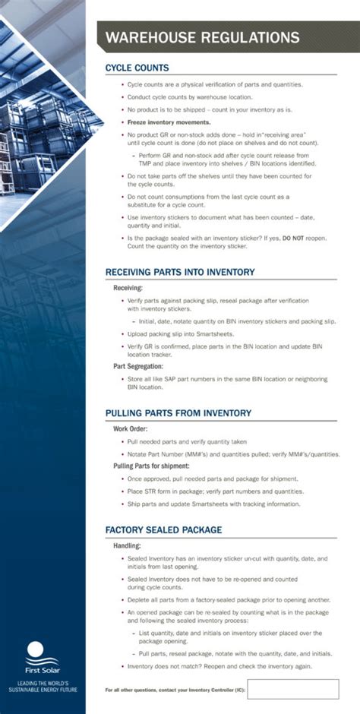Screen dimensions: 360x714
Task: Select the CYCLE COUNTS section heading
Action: (x=137, y=68)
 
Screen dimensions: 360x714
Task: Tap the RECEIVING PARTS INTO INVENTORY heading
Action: (x=179, y=272)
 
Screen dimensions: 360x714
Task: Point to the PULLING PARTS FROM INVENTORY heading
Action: (x=178, y=413)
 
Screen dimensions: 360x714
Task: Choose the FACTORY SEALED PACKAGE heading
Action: (x=163, y=529)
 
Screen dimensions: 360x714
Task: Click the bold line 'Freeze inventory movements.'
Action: (x=169, y=122)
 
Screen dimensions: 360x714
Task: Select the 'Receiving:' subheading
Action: (x=128, y=289)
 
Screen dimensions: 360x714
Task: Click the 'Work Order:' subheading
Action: (x=131, y=428)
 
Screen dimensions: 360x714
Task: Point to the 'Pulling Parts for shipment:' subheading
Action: (x=151, y=465)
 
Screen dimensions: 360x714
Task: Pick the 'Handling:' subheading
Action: (x=127, y=545)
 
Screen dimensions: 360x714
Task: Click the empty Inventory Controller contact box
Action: (x=292, y=689)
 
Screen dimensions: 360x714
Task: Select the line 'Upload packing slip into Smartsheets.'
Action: (x=181, y=334)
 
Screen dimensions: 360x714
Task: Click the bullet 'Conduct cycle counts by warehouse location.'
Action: (x=190, y=97)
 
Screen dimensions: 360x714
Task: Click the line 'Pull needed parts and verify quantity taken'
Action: (x=187, y=441)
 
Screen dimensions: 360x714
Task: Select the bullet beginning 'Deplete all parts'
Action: (x=228, y=599)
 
